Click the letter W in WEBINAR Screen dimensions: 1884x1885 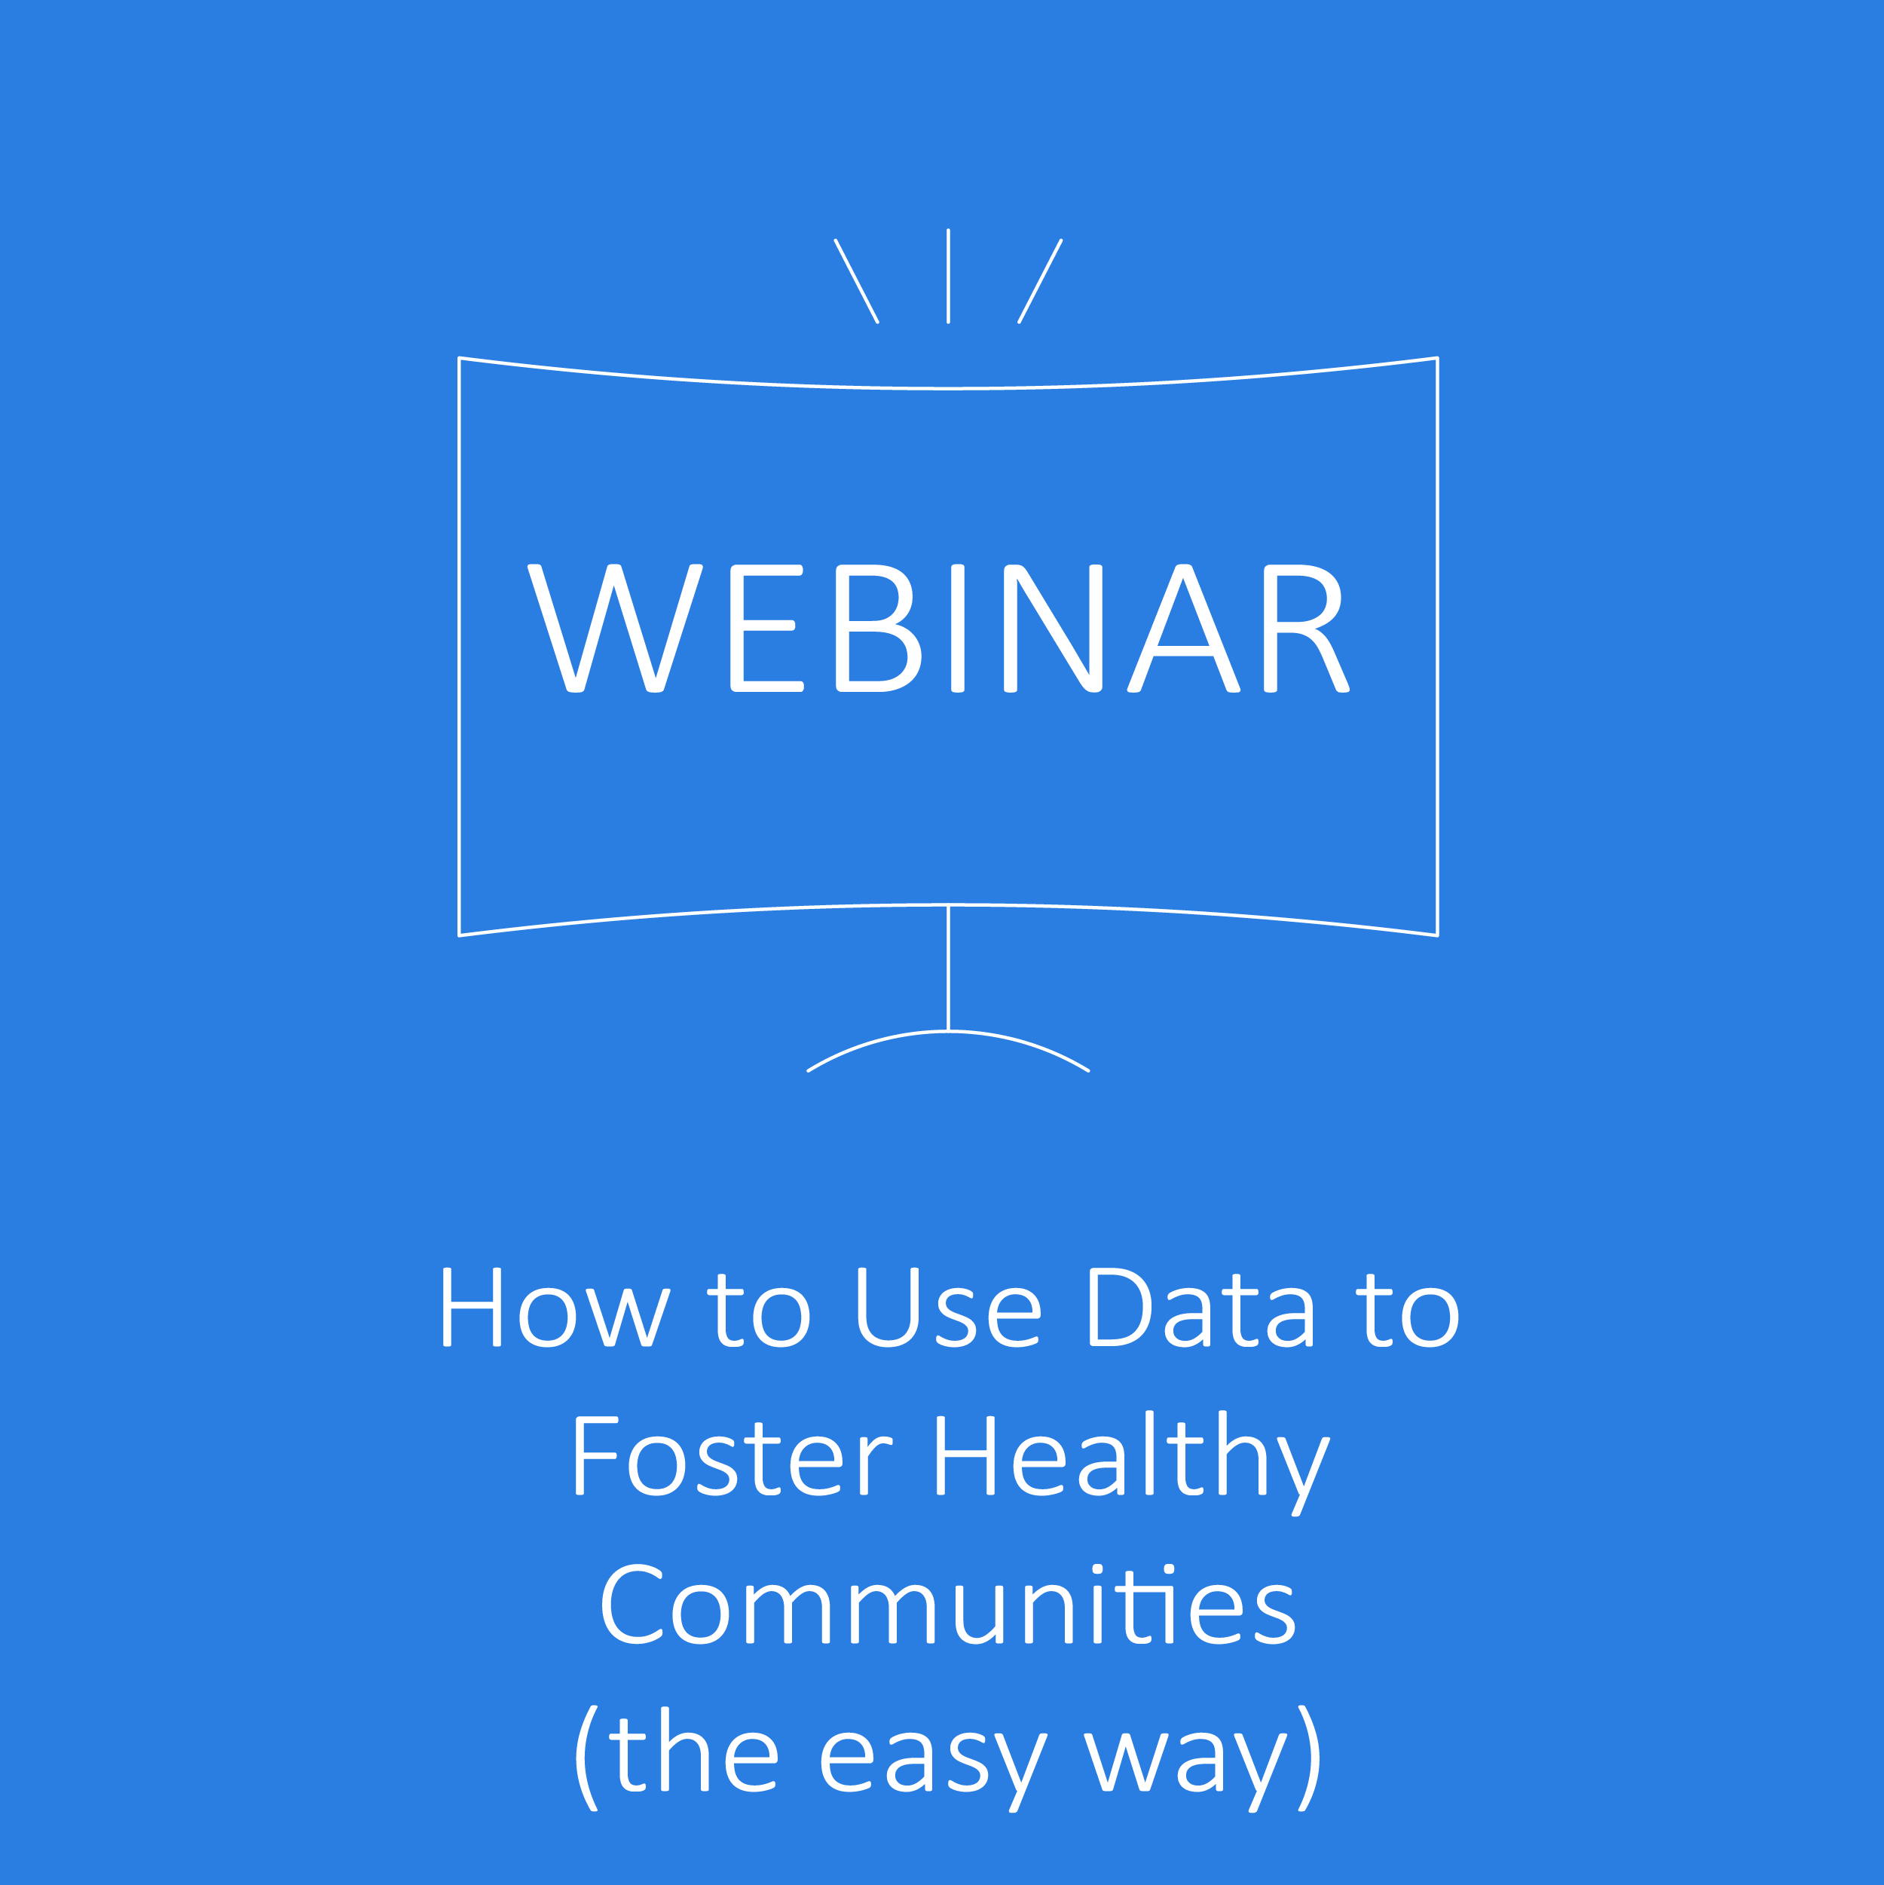[x=615, y=629]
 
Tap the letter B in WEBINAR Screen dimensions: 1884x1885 [x=878, y=629]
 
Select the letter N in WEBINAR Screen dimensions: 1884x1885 [x=1053, y=629]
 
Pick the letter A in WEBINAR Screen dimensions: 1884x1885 [x=1183, y=629]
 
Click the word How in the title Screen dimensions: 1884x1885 [x=556, y=1308]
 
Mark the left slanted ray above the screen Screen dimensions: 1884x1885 [x=857, y=281]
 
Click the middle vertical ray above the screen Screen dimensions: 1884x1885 [x=948, y=276]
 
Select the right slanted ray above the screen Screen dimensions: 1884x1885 [x=1040, y=281]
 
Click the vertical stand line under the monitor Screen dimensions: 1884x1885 [x=948, y=968]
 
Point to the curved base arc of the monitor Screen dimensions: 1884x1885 [x=948, y=1031]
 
